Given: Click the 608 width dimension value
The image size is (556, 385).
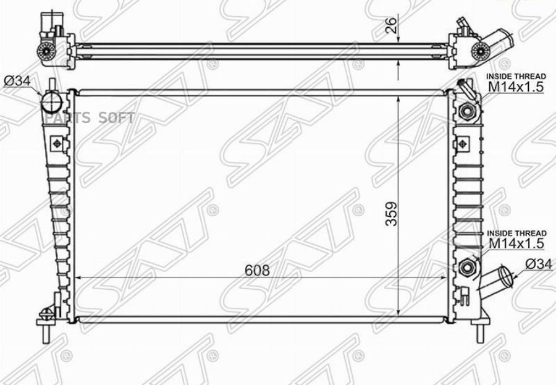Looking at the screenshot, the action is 257,271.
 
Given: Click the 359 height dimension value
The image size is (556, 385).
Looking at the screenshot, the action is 392,214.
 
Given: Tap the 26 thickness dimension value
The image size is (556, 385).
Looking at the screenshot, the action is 391,25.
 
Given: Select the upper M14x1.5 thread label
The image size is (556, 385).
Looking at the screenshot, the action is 516,87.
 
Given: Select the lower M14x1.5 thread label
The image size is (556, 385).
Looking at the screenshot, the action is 516,243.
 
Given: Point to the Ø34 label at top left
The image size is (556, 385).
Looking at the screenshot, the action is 17,81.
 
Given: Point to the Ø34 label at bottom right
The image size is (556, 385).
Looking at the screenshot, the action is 539,264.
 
